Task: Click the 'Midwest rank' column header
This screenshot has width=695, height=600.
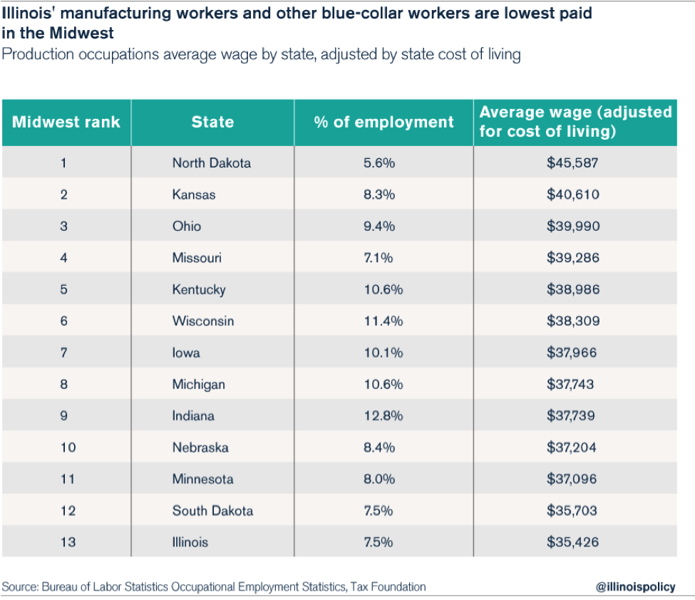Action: click(66, 122)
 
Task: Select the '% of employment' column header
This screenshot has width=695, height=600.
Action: click(383, 122)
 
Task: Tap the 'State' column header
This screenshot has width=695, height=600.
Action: click(212, 122)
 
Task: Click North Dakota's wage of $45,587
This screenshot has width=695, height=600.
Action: click(573, 163)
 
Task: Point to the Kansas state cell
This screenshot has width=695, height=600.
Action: click(194, 195)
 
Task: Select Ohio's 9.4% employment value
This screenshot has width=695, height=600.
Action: click(379, 227)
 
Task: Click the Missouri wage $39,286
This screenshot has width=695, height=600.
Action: click(573, 258)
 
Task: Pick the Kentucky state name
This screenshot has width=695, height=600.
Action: click(199, 289)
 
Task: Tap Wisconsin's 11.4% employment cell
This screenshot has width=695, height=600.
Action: click(383, 321)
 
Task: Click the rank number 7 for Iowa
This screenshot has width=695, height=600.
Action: click(63, 353)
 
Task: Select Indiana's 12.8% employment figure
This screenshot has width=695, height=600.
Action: click(383, 415)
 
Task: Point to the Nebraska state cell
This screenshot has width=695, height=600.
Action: click(200, 448)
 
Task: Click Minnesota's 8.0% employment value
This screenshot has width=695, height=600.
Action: click(379, 479)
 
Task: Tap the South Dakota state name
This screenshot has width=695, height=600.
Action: click(212, 511)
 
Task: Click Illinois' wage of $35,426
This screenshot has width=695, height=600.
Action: click(573, 542)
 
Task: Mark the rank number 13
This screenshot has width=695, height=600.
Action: click(68, 542)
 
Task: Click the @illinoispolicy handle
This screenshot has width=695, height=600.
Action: click(634, 587)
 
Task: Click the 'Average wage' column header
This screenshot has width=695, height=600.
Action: click(575, 122)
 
